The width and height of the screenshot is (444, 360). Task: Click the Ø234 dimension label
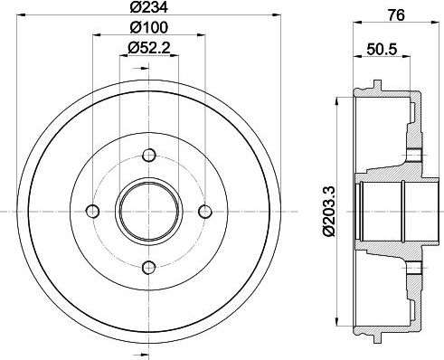149,7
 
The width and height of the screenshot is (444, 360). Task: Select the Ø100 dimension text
149,28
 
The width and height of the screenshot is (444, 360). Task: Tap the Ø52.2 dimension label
149,48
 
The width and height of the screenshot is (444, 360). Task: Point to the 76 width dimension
396,15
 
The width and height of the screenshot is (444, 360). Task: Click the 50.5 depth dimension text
382,49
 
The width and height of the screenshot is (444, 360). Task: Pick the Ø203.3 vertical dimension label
329,211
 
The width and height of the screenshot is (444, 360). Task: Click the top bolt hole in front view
149,156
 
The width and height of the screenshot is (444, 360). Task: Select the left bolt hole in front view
93,211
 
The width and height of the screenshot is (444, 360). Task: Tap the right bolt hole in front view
205,211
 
